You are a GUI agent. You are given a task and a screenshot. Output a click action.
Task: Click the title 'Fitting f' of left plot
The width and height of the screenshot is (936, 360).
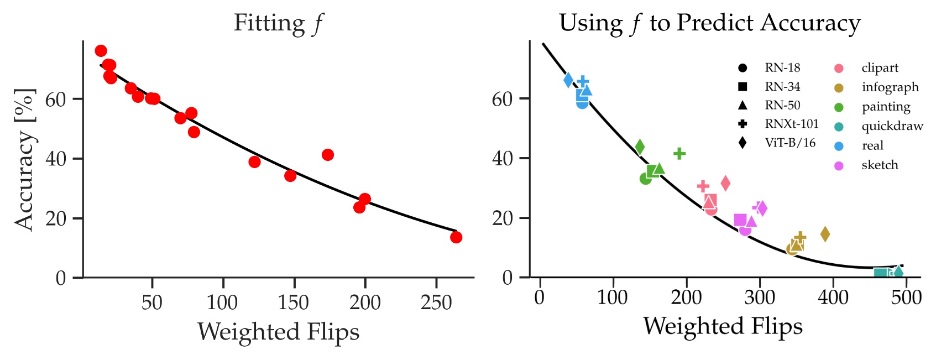(x=278, y=23)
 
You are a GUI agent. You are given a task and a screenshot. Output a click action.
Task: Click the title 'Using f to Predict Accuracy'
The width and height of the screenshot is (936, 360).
(x=709, y=23)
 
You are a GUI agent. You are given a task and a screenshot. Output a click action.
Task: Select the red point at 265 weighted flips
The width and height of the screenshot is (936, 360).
(x=456, y=237)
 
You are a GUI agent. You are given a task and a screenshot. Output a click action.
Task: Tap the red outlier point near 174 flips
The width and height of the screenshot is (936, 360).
(x=328, y=155)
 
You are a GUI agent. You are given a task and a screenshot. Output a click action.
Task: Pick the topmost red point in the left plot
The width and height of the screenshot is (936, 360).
(x=101, y=51)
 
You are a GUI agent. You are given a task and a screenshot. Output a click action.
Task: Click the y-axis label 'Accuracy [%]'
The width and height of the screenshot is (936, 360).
(x=24, y=159)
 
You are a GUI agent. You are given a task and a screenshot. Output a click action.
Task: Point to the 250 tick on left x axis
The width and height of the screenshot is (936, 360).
(x=436, y=302)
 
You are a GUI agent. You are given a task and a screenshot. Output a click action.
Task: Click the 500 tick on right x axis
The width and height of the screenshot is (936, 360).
(x=906, y=298)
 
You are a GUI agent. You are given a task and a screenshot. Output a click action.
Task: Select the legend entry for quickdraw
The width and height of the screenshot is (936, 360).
(x=892, y=126)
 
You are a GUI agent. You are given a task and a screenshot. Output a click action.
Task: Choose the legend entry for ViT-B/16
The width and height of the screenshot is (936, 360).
(x=790, y=143)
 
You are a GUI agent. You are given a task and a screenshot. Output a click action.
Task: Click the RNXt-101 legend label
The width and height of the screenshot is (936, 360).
(x=791, y=124)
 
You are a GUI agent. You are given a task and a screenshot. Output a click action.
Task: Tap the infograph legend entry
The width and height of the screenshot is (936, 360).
(x=890, y=87)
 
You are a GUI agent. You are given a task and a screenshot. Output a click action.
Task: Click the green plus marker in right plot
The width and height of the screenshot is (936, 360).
(x=679, y=153)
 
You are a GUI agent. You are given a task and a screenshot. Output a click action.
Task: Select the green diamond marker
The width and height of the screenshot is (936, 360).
(x=640, y=147)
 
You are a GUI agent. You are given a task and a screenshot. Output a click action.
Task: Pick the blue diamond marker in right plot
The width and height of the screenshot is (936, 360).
(x=568, y=80)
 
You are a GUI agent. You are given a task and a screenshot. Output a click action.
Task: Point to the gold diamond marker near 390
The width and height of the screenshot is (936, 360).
(x=825, y=234)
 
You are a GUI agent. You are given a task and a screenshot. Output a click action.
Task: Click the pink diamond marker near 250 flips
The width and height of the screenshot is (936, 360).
(x=725, y=183)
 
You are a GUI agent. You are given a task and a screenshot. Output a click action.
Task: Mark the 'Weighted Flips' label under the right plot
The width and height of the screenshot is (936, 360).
(x=722, y=326)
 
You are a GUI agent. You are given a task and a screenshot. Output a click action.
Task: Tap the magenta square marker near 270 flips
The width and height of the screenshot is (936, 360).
(x=740, y=220)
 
